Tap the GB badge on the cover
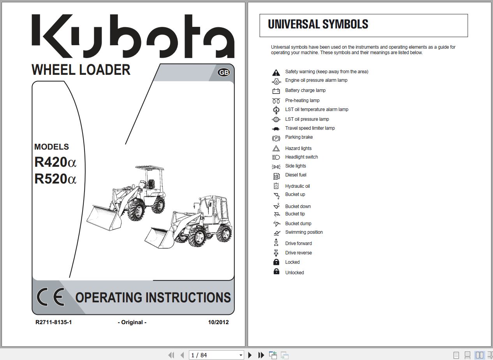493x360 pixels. tap(224, 72)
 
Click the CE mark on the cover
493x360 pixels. tap(51, 298)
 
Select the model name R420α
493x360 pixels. tap(55, 162)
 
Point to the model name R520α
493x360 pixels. tap(55, 179)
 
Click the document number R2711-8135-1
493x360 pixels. tap(53, 322)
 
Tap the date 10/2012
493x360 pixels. tap(218, 322)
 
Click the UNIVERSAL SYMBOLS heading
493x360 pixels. tap(318, 25)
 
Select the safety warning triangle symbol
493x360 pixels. tap(276, 72)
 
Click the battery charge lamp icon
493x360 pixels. tap(276, 91)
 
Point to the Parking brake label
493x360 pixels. tap(299, 137)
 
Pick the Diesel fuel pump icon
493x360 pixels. tap(276, 176)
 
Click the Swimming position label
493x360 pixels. tap(304, 232)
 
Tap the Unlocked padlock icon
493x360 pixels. tap(276, 272)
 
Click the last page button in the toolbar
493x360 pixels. tap(261, 355)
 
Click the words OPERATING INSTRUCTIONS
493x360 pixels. tap(153, 298)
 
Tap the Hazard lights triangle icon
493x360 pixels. tap(276, 148)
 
